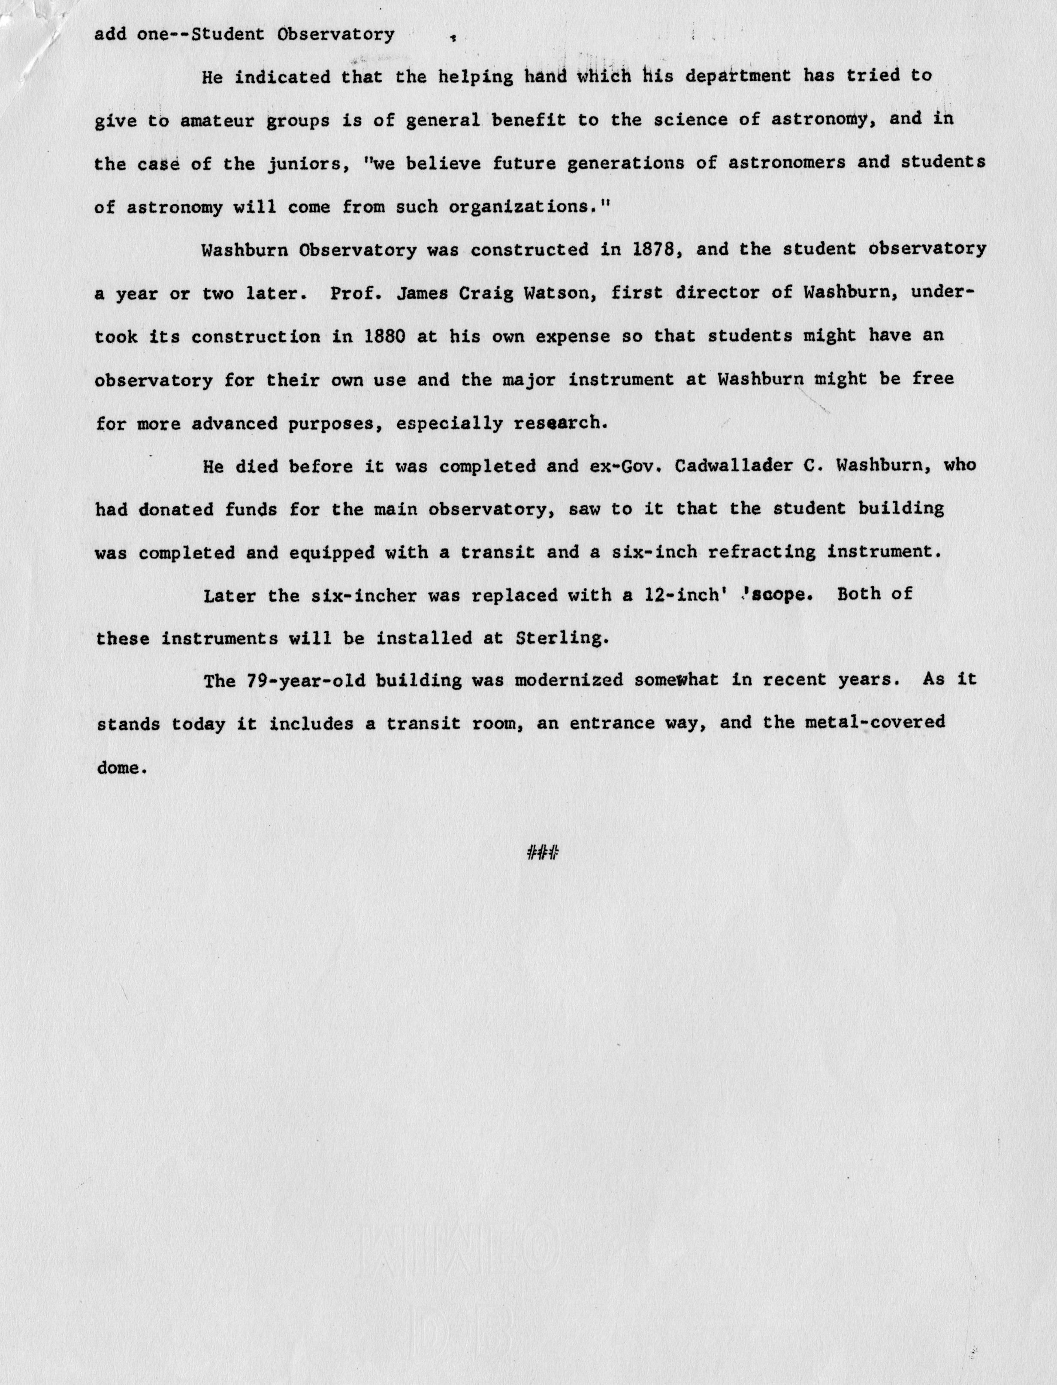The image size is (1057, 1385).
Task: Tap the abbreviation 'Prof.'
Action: point(356,293)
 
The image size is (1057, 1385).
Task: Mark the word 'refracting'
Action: point(761,553)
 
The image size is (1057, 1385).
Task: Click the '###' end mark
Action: point(542,853)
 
